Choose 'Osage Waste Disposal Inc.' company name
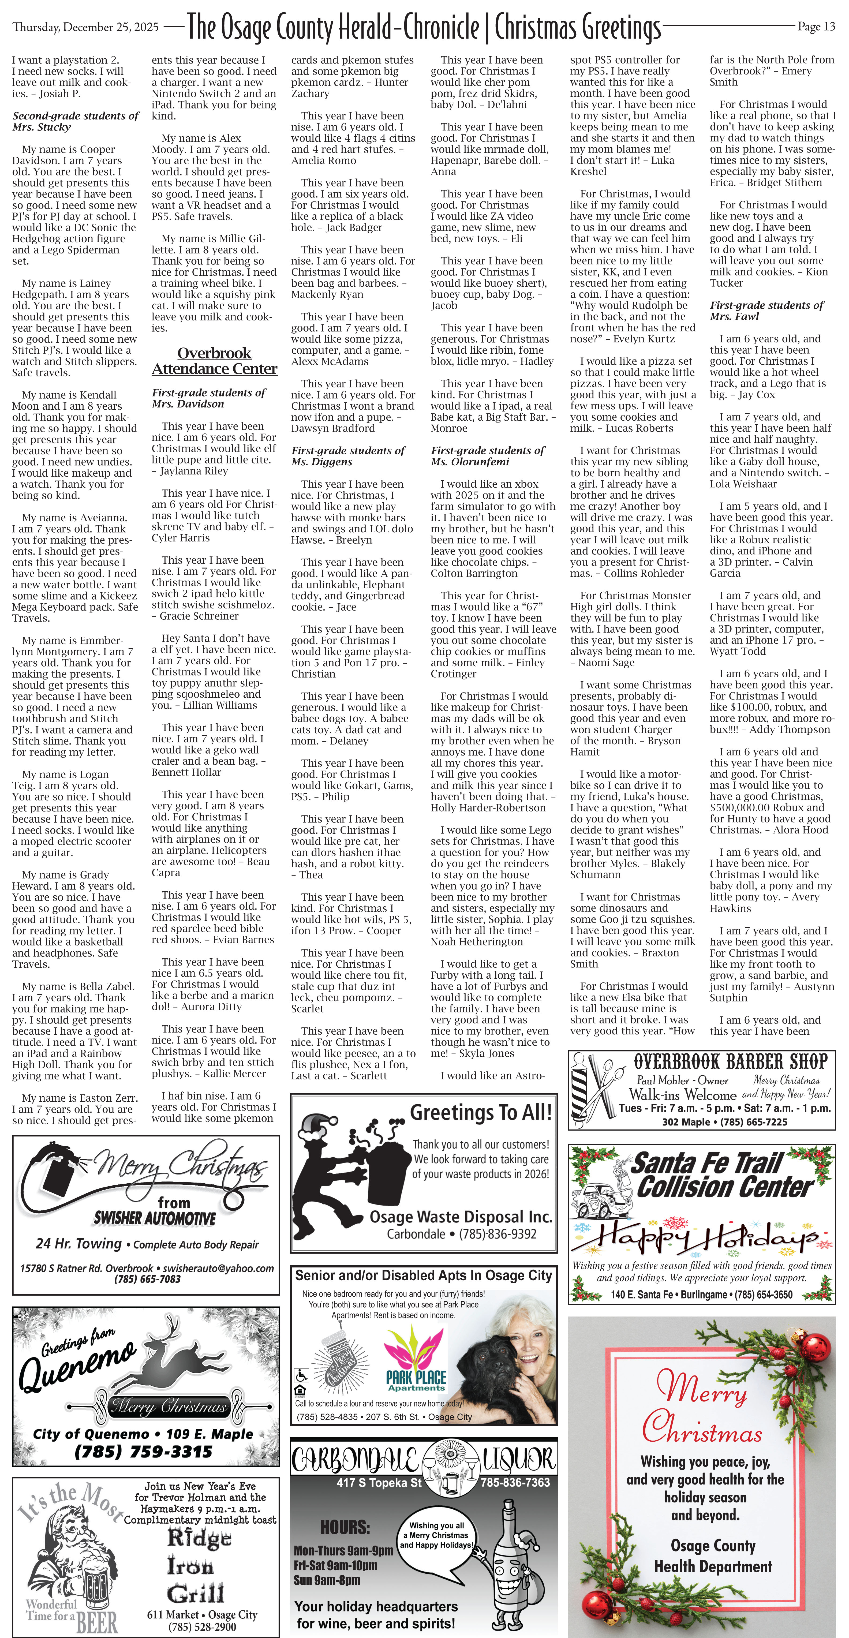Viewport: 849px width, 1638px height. pyautogui.click(x=461, y=1217)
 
